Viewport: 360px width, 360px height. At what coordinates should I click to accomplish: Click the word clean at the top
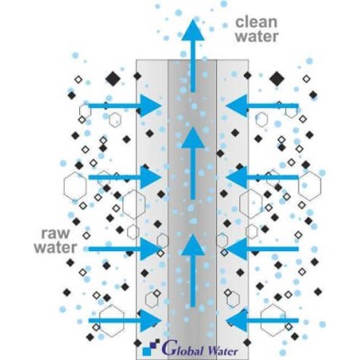256,22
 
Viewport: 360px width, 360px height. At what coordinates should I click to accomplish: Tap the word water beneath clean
257,36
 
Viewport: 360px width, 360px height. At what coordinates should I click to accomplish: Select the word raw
55,234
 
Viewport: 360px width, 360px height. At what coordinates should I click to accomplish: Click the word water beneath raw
55,248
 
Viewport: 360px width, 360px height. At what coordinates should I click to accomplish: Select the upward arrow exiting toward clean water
193,57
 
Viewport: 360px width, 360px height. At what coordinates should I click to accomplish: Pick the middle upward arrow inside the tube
193,163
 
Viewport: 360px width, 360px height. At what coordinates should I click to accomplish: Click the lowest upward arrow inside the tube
193,271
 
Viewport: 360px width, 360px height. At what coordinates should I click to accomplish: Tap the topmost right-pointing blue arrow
125,105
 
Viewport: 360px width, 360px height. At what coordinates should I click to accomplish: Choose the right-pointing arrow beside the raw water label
125,248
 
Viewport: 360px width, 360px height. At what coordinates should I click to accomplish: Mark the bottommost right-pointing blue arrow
125,320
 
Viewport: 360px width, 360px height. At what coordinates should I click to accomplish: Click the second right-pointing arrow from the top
125,177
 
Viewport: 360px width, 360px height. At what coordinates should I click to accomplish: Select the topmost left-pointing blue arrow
262,105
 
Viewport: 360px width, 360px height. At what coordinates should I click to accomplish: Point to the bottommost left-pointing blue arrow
262,320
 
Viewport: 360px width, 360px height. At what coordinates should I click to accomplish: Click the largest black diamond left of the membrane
113,78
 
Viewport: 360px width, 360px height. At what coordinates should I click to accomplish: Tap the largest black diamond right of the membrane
276,78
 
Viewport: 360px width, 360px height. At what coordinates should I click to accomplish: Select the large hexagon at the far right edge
310,186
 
